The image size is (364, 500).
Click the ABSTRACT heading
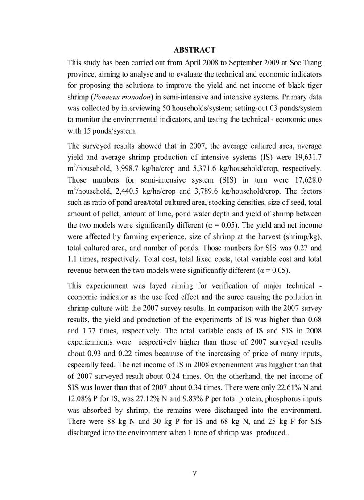coord(194,50)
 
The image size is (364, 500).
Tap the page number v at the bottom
coord(194,473)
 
